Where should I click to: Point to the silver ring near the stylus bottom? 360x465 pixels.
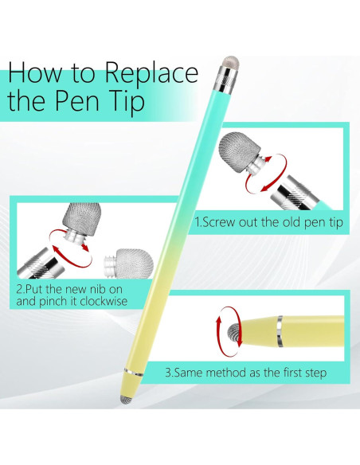[x=135, y=372]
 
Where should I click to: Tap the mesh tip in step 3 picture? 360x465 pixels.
[x=234, y=332]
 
